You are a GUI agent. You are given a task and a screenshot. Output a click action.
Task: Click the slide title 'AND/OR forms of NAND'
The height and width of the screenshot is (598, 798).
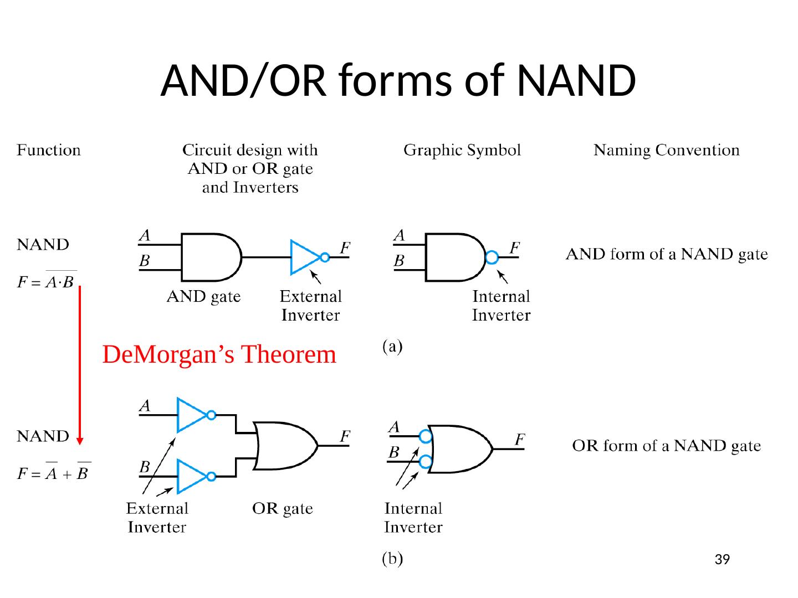point(398,80)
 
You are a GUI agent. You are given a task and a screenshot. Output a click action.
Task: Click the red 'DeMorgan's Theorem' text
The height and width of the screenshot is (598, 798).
point(219,354)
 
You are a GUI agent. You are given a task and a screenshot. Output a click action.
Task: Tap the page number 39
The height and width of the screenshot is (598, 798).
point(722,560)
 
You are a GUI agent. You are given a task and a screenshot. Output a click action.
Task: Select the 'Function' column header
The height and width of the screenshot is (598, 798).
point(49,150)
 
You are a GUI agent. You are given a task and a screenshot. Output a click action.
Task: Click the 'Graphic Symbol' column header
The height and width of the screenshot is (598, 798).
point(462,150)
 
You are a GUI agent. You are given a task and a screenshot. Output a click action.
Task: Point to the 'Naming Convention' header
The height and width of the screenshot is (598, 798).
point(666,150)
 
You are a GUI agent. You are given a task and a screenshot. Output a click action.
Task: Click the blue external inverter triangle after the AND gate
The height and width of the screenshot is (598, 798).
point(304,257)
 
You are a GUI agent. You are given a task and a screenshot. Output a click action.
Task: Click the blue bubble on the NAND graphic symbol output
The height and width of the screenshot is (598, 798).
point(492,257)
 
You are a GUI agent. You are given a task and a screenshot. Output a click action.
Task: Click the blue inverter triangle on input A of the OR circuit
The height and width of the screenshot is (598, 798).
point(191,415)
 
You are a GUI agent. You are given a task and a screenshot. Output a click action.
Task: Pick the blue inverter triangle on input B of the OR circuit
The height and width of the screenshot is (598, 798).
point(191,476)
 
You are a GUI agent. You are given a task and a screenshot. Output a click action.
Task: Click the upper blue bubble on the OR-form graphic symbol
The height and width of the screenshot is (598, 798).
point(425,436)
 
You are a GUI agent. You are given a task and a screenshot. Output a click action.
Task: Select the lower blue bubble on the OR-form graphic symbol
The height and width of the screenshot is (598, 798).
point(425,461)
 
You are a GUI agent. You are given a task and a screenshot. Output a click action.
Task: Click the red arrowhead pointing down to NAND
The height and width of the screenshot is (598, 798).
point(80,441)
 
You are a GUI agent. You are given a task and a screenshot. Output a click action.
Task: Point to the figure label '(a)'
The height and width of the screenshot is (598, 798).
point(393,347)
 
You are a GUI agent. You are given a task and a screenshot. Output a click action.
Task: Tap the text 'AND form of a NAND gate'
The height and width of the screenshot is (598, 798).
point(667,254)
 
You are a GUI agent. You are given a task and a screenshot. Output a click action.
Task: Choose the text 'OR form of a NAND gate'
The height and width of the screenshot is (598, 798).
point(666,446)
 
